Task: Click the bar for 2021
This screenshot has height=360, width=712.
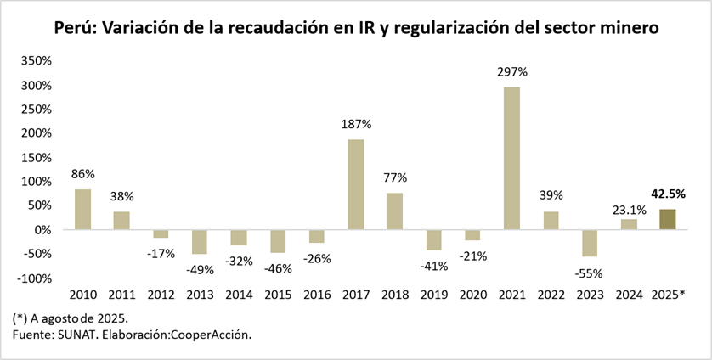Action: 511,158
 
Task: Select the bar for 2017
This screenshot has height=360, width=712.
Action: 356,184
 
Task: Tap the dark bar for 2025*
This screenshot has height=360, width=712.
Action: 668,219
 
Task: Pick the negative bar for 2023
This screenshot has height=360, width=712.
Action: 590,243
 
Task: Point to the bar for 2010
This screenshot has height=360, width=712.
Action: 82,209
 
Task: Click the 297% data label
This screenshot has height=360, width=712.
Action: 512,72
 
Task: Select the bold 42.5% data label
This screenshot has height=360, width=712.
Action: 668,194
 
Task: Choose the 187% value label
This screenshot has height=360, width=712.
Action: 357,124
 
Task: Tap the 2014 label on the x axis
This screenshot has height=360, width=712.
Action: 239,295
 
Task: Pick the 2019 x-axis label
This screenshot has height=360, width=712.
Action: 434,295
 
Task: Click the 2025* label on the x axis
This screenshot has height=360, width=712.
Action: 669,295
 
